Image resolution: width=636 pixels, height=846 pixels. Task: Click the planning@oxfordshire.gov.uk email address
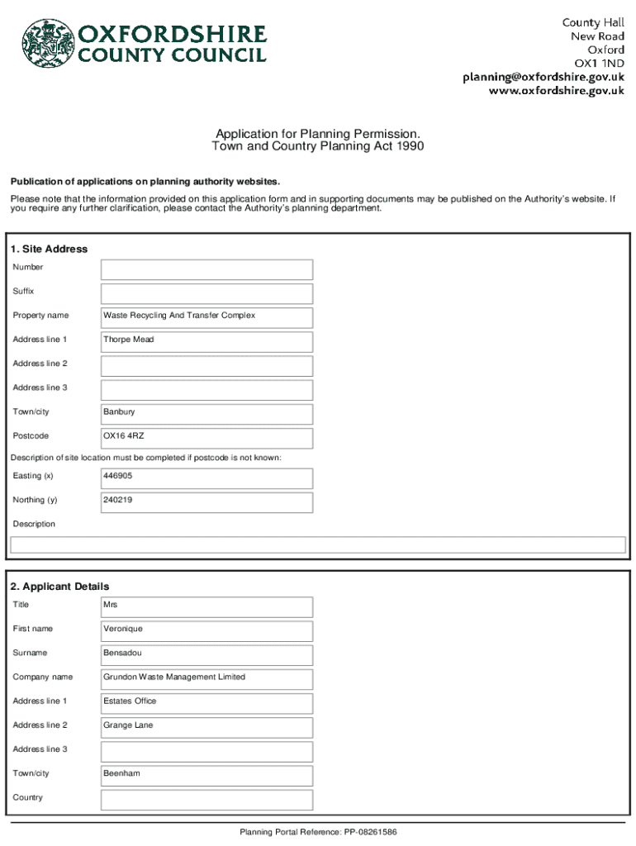click(x=543, y=77)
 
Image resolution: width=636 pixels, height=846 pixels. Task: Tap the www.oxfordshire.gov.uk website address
click(x=556, y=92)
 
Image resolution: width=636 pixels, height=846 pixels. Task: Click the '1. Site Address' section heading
click(x=49, y=249)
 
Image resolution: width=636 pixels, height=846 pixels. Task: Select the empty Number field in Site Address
click(x=206, y=269)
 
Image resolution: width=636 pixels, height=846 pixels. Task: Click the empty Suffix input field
click(x=206, y=293)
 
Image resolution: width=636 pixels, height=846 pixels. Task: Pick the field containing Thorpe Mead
click(x=206, y=341)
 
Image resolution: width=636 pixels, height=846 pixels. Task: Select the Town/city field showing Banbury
click(x=206, y=413)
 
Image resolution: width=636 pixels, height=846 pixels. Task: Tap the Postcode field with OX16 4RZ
click(x=206, y=437)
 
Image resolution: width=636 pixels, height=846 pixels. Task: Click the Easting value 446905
click(x=206, y=478)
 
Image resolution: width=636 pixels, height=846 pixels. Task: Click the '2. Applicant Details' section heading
click(x=59, y=587)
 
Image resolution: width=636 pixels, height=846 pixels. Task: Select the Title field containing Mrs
click(x=206, y=606)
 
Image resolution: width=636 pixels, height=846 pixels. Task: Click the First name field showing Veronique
click(x=206, y=630)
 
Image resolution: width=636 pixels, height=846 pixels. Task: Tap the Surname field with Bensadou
click(x=206, y=654)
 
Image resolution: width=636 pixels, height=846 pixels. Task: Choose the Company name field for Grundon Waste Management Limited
click(x=206, y=678)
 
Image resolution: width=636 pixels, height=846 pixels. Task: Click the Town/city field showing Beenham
click(x=206, y=775)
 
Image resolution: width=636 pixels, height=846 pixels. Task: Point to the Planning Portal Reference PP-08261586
click(x=318, y=832)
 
